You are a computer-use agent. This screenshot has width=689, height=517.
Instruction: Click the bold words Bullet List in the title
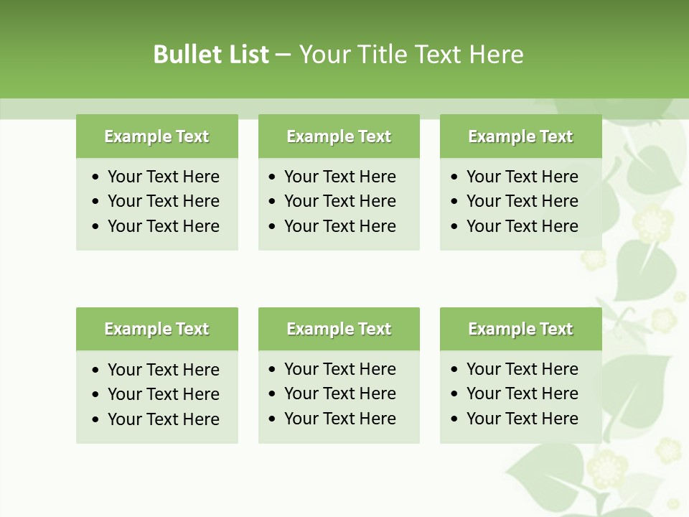click(211, 55)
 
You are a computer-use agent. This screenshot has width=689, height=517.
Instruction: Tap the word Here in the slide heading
click(496, 55)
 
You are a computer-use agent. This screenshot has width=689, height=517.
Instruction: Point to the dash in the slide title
click(283, 55)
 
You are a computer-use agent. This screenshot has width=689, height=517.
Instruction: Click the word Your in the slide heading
click(322, 55)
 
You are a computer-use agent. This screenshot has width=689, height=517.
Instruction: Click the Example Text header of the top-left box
click(156, 136)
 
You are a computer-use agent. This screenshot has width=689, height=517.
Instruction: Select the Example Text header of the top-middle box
click(339, 136)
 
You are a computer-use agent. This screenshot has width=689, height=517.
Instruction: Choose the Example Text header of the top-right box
click(520, 136)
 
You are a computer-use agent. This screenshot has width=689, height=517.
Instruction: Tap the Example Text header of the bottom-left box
click(156, 329)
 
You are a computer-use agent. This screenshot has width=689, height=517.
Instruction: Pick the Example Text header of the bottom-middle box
click(339, 329)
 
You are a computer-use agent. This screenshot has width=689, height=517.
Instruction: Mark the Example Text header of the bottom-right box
click(520, 329)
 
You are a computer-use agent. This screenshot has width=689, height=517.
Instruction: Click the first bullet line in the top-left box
click(163, 177)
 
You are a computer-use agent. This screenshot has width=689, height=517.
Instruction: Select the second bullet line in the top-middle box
click(339, 201)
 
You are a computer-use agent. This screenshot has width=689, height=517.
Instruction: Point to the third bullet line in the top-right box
click(522, 226)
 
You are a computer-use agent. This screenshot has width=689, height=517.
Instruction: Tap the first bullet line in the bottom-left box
click(163, 370)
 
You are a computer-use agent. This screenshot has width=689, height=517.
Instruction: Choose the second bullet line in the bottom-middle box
click(339, 393)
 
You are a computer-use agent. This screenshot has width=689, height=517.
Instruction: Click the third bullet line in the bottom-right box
click(522, 419)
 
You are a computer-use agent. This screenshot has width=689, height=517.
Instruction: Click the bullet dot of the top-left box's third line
click(96, 227)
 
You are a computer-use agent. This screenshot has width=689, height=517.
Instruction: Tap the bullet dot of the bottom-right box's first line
click(455, 370)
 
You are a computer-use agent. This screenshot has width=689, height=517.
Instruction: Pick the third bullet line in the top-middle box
click(339, 226)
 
